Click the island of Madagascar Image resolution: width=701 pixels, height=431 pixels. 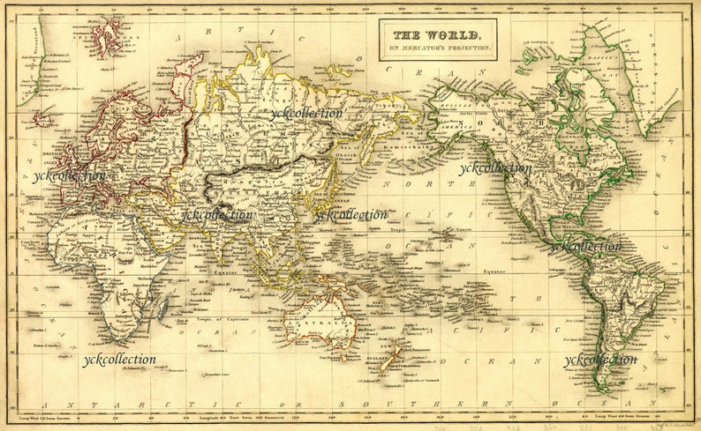[x=162, y=306]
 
